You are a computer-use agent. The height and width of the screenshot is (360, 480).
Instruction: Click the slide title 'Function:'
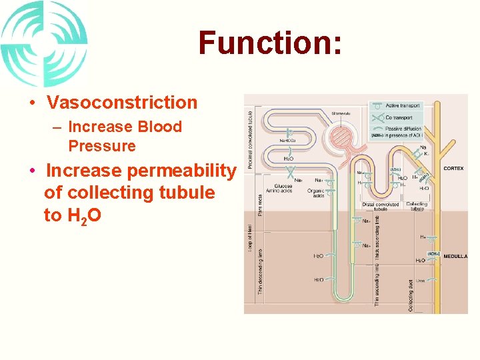(270, 43)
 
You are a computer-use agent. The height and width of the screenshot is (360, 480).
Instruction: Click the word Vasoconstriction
(122, 103)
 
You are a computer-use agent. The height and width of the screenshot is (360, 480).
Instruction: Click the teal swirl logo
(44, 44)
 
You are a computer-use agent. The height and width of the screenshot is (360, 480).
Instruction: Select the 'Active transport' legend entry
(401, 105)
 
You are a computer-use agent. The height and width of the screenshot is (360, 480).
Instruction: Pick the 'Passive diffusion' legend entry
(402, 128)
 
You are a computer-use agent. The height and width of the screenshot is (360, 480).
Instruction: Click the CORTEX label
(453, 169)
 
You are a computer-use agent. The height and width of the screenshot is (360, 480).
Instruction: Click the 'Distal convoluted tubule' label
(381, 207)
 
